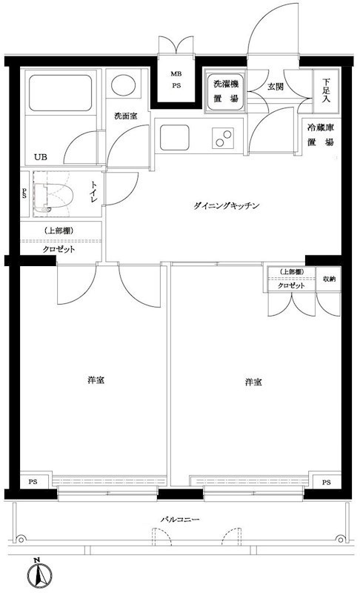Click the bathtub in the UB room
pyautogui.click(x=61, y=93)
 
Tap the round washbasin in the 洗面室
pyautogui.click(x=124, y=85)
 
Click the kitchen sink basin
pyautogui.click(x=174, y=137)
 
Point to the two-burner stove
pyautogui.click(x=222, y=138)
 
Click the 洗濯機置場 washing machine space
pyautogui.click(x=225, y=91)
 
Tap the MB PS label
pyautogui.click(x=176, y=80)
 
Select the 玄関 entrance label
pyautogui.click(x=276, y=86)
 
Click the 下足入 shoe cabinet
pyautogui.click(x=327, y=90)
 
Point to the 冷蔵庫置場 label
pyautogui.click(x=321, y=135)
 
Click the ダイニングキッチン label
pyautogui.click(x=226, y=206)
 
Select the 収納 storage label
pyautogui.click(x=329, y=279)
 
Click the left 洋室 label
pyautogui.click(x=96, y=380)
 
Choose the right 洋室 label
pyautogui.click(x=253, y=382)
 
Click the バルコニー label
pyautogui.click(x=180, y=520)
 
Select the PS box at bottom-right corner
pyautogui.click(x=327, y=482)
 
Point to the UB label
pyautogui.click(x=41, y=156)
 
